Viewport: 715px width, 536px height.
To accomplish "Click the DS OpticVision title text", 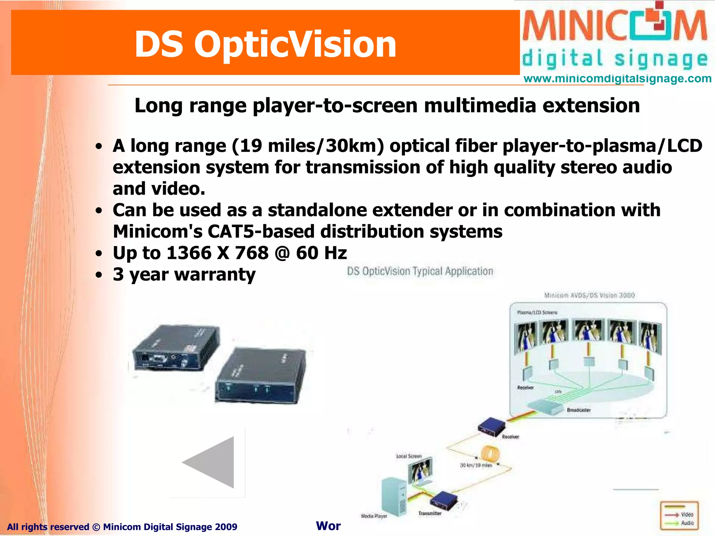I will click(x=265, y=44).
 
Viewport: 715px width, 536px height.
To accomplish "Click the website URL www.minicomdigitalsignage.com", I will click(x=617, y=79).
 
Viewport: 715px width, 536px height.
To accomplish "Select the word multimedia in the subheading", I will click(x=480, y=105).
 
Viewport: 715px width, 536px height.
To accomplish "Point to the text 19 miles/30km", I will click(x=307, y=146).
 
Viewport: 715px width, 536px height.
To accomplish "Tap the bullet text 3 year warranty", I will click(x=184, y=275).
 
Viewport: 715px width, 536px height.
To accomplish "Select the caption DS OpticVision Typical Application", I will click(x=420, y=271).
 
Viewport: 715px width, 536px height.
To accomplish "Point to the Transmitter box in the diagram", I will click(x=443, y=501).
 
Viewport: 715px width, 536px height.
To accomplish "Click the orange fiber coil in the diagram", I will click(x=491, y=454).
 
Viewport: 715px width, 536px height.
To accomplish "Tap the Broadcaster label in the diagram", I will click(x=578, y=410).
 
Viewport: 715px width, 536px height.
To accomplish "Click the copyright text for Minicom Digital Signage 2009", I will click(x=122, y=527).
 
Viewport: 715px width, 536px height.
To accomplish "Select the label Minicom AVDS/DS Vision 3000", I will click(x=589, y=295).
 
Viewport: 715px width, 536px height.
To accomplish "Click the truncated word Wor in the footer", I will click(x=328, y=526).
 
